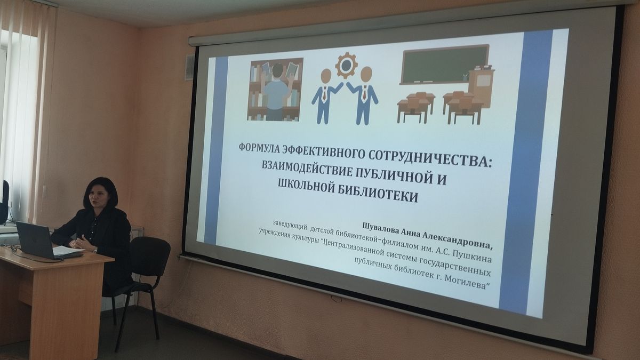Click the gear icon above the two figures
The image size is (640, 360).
[x=346, y=65]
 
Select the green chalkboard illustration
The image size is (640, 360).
[x=445, y=65]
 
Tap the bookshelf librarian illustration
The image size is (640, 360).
[x=275, y=90]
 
